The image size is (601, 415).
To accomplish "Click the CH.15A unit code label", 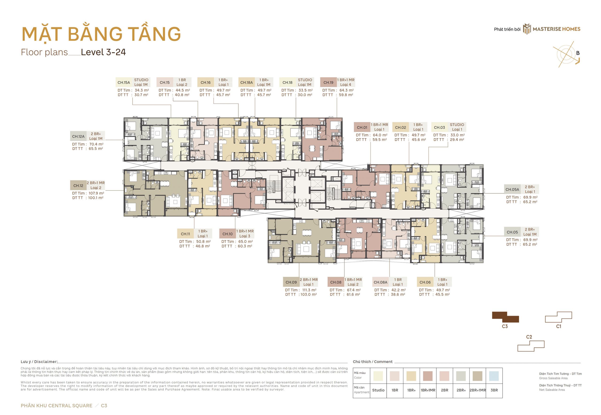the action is (x=124, y=82).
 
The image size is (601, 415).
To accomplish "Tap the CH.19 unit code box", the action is (x=328, y=82).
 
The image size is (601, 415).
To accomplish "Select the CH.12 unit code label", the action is (x=78, y=186).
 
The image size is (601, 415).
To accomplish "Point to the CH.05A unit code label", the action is (x=512, y=190).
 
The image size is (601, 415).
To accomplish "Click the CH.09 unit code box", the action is (x=291, y=282).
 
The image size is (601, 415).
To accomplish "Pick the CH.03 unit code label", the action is (x=439, y=127).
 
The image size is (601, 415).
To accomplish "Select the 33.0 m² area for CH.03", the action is (x=457, y=135).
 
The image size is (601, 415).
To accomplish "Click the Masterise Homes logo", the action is (x=552, y=29).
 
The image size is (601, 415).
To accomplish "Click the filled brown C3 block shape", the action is (x=505, y=317).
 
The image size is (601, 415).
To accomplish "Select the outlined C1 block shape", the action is (x=559, y=317).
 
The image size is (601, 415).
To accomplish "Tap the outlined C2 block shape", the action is (x=531, y=346).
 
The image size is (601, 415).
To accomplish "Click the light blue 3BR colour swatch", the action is (x=494, y=376).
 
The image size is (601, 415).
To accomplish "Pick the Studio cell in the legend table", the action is (x=378, y=390).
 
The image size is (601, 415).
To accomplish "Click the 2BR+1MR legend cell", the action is (x=478, y=390).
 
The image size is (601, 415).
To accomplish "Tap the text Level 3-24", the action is (x=103, y=52).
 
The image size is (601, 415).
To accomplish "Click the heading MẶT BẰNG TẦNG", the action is (x=101, y=34).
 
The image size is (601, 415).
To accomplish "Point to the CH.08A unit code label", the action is (x=380, y=282).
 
